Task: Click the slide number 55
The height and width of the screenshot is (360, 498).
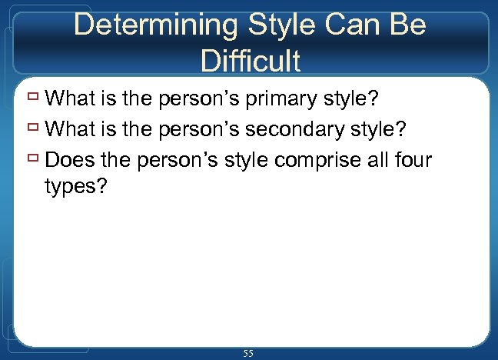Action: point(248,353)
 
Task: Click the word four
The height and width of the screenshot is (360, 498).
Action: point(416,160)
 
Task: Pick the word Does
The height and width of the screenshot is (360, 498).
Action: point(69,160)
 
